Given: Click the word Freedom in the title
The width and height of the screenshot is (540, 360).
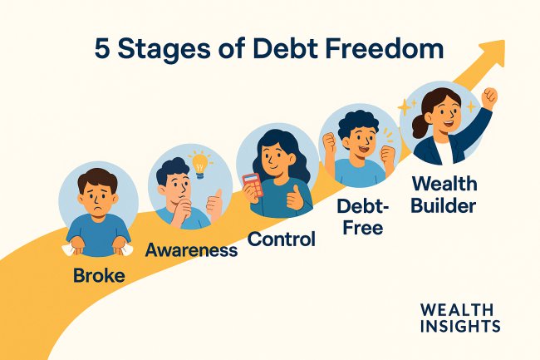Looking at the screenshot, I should click(x=378, y=50).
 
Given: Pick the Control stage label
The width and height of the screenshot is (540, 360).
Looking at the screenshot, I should click(x=282, y=240).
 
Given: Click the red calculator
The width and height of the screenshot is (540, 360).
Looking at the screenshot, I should click(x=253, y=184).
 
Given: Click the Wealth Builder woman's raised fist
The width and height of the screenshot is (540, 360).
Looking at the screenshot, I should click(x=489, y=96).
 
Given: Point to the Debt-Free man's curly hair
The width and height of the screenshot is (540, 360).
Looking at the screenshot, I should click(x=358, y=121).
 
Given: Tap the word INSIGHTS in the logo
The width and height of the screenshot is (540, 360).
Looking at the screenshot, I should click(x=459, y=326).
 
